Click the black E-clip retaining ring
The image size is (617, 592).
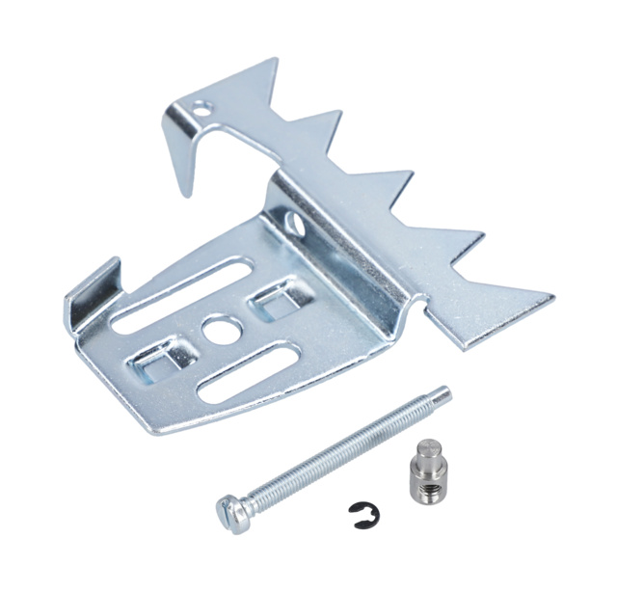(x=366, y=518)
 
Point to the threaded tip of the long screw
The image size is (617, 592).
(x=443, y=392)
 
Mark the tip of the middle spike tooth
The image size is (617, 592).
(x=412, y=175)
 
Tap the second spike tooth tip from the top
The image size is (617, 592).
(x=340, y=113)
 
